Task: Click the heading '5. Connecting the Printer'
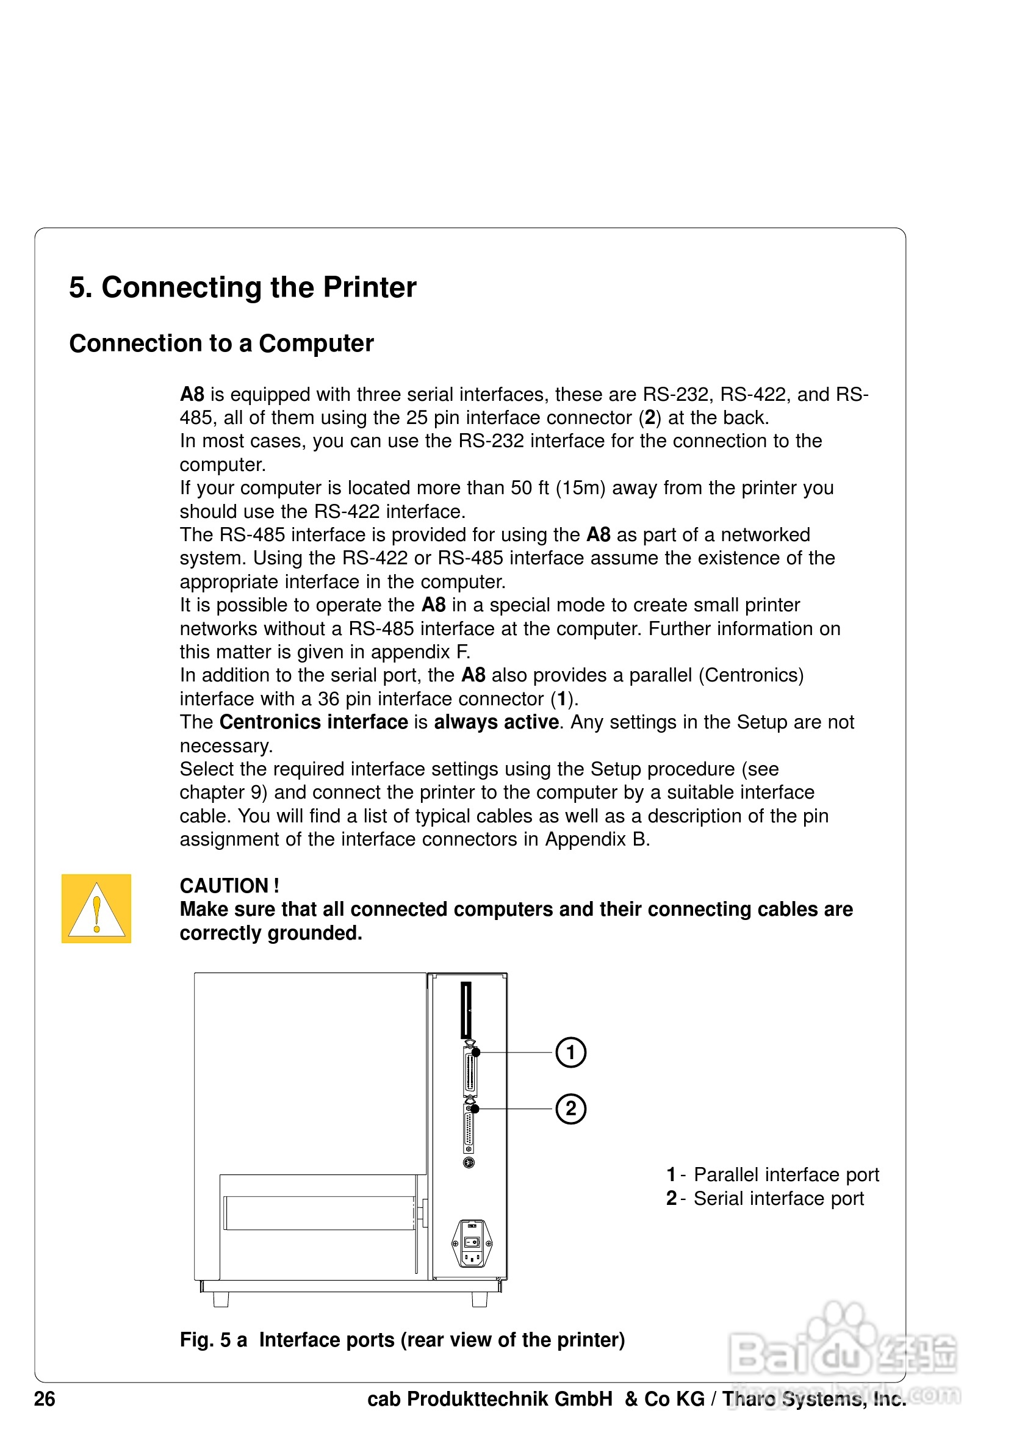(x=242, y=288)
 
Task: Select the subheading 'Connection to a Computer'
(x=221, y=343)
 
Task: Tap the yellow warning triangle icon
(x=96, y=909)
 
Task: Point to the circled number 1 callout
(x=570, y=1052)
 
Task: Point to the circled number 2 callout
(x=570, y=1109)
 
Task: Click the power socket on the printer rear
(x=472, y=1244)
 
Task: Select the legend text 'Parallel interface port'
(x=786, y=1174)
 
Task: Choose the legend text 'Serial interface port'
(x=779, y=1198)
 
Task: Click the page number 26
(x=45, y=1399)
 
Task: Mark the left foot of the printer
(x=221, y=1299)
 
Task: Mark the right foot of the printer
(x=480, y=1299)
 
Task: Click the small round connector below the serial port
(x=469, y=1162)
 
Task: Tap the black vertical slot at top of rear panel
(x=466, y=1010)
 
